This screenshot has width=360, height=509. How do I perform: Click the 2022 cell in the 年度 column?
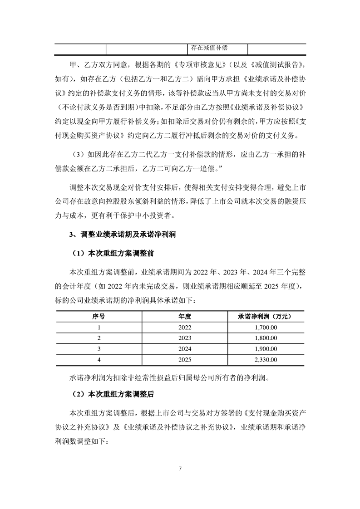pyautogui.click(x=185, y=327)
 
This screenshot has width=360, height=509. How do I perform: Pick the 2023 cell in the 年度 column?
pyautogui.click(x=185, y=338)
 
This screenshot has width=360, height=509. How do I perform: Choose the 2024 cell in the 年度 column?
pyautogui.click(x=185, y=349)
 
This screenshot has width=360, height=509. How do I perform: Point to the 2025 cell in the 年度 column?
pyautogui.click(x=185, y=360)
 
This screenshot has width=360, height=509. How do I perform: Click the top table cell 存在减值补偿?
pyautogui.click(x=209, y=48)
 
